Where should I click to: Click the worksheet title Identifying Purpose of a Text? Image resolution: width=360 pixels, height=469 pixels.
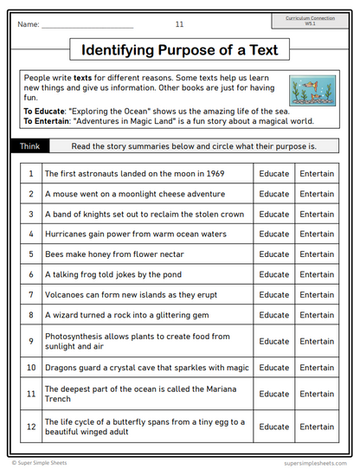click(179, 49)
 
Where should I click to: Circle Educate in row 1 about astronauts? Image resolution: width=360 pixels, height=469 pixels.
click(274, 174)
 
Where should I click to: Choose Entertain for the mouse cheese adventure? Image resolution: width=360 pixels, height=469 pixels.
click(316, 194)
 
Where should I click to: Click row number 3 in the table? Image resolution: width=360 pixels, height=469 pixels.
click(30, 214)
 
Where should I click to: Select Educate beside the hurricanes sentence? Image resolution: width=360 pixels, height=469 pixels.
click(274, 234)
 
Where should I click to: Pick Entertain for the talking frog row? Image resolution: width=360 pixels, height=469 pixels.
click(316, 274)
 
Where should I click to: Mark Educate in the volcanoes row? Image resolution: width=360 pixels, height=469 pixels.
click(274, 294)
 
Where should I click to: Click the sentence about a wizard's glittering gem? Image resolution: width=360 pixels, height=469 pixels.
click(125, 315)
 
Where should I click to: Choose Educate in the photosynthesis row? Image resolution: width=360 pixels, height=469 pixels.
click(274, 341)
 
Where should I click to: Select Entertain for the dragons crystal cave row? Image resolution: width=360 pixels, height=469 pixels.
click(316, 368)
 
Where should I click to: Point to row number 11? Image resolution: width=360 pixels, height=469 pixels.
click(30, 394)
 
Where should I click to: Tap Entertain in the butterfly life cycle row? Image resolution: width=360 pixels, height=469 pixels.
click(316, 427)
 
